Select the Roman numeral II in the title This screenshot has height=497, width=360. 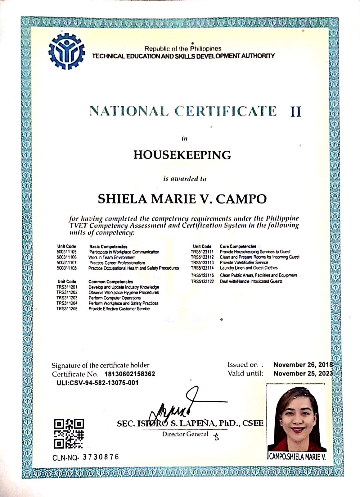pos(295,111)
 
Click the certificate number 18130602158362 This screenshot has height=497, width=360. pos(130,374)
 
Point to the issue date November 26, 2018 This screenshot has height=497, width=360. pos(303,365)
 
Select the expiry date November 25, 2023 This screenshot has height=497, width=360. pos(303,374)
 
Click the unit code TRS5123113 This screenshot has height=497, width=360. pos(202,262)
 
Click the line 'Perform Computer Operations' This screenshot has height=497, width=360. pos(115,298)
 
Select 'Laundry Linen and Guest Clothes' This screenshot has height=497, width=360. pos(249,268)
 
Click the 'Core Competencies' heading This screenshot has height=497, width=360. pos(238,246)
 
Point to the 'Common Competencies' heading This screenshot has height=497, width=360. pos(110,282)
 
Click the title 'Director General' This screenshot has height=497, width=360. pos(185,434)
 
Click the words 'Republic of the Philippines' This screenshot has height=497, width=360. pos(183,49)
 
